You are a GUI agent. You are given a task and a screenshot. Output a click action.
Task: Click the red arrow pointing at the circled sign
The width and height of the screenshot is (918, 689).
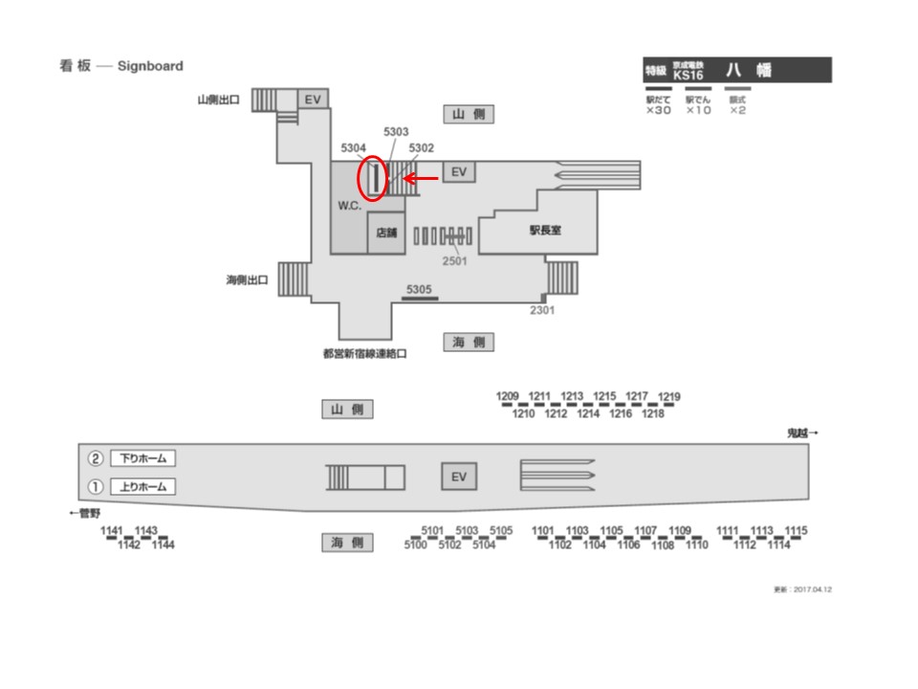click(x=421, y=177)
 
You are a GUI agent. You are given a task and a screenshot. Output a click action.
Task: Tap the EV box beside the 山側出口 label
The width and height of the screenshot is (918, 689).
click(x=313, y=99)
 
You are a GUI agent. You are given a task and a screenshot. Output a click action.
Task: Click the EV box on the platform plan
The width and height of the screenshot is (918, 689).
click(x=457, y=476)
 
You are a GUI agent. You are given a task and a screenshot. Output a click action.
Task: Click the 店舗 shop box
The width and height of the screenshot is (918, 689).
click(x=386, y=232)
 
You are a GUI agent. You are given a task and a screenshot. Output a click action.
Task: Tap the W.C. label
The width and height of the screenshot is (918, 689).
click(x=348, y=206)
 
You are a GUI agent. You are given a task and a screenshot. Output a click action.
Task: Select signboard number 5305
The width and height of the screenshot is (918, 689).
click(x=419, y=289)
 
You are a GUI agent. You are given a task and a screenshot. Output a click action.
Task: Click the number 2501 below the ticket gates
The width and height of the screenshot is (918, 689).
click(x=455, y=260)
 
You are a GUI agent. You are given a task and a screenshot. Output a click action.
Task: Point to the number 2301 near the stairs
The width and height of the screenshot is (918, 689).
click(x=543, y=309)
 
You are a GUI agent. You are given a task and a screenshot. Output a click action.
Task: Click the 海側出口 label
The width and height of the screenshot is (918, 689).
click(x=247, y=280)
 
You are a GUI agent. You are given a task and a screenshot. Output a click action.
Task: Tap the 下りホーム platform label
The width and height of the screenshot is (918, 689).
click(x=143, y=458)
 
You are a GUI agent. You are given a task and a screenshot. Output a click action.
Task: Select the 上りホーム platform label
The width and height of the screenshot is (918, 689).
click(x=143, y=487)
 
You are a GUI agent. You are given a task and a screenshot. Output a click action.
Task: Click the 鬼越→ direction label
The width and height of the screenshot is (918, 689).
click(x=802, y=433)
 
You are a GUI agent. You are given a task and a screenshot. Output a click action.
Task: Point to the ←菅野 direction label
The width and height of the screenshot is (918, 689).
click(x=86, y=514)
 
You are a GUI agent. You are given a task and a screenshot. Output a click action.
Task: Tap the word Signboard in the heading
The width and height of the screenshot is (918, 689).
click(x=150, y=66)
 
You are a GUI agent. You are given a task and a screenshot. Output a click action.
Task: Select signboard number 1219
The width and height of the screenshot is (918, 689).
click(x=669, y=397)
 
